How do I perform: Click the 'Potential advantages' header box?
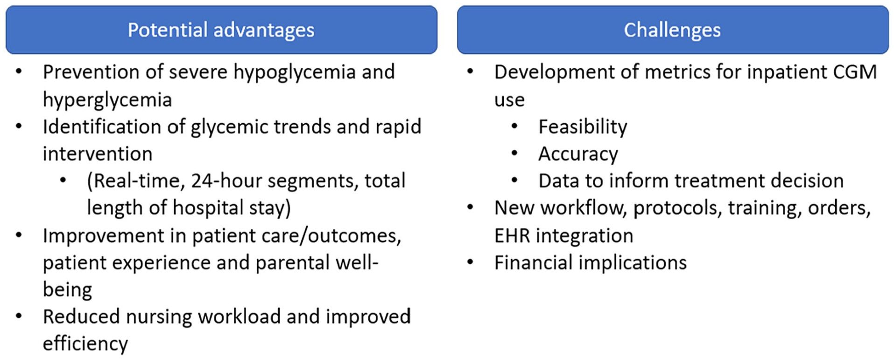click(221, 29)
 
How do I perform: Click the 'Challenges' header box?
click(673, 29)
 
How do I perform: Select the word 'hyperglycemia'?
click(107, 100)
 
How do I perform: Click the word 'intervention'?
click(98, 154)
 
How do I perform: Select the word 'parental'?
click(293, 262)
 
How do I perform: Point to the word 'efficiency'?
click(85, 344)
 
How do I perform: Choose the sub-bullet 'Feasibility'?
click(583, 127)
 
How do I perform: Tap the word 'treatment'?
click(717, 181)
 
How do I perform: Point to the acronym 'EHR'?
click(512, 236)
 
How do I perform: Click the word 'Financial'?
click(533, 263)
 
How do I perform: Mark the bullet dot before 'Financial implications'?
click(470, 262)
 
